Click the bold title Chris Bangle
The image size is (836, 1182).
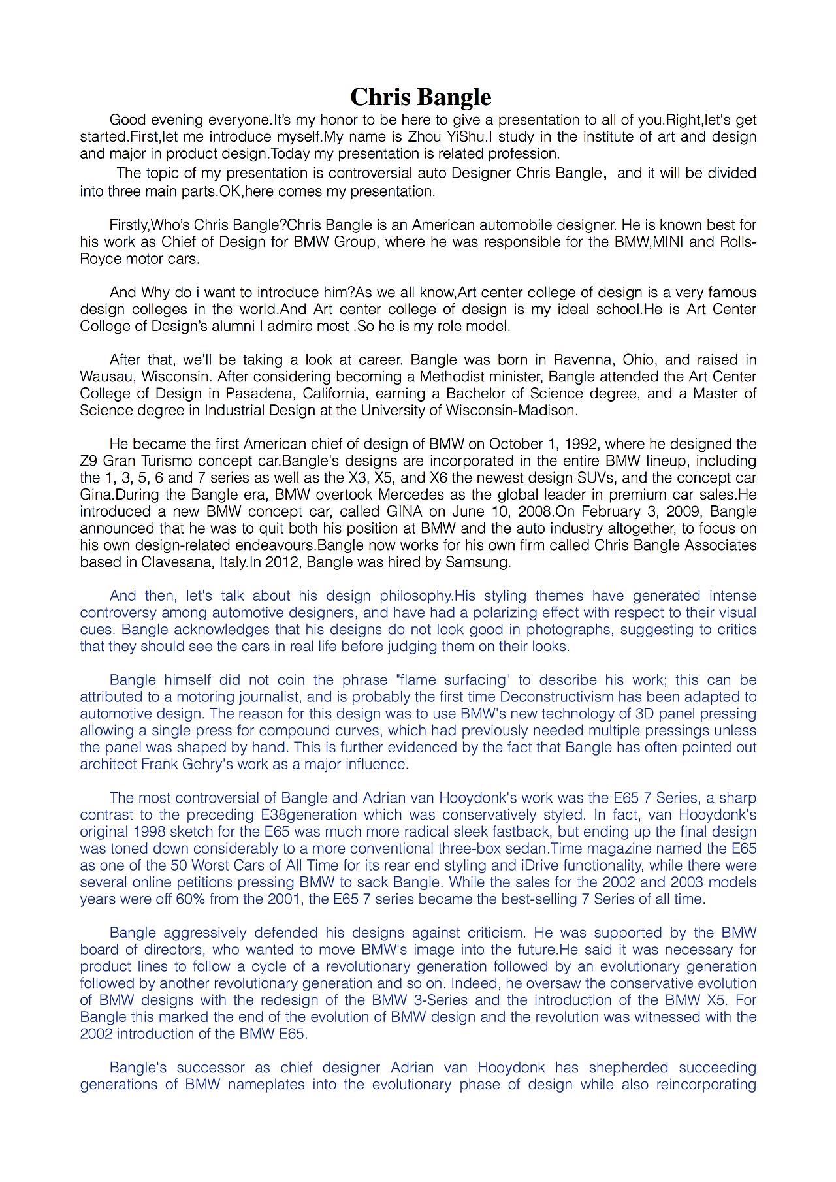(421, 97)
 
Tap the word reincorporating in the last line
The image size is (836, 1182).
(706, 1085)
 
